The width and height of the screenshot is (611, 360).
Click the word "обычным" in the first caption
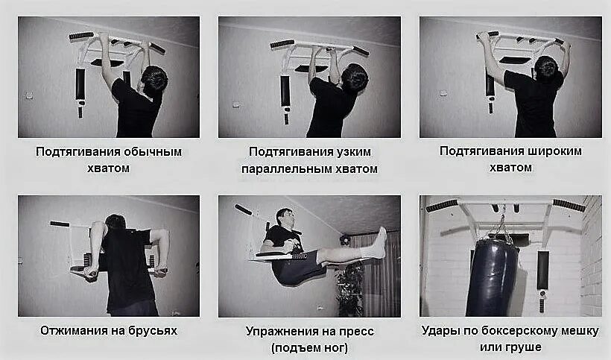click(x=152, y=151)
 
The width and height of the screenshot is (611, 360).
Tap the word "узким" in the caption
click(x=352, y=151)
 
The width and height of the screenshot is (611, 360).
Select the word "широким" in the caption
click(x=551, y=151)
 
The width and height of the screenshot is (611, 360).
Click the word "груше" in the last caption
click(x=525, y=347)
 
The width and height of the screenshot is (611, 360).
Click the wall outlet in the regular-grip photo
click(x=29, y=95)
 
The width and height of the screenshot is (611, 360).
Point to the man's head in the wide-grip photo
click(x=546, y=68)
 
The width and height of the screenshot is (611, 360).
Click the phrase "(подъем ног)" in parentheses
click(x=309, y=348)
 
